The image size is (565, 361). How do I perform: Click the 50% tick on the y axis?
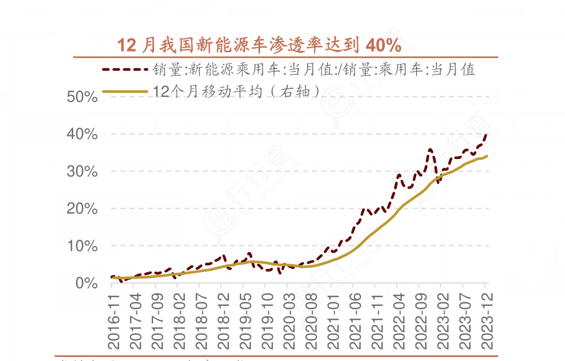(x=82, y=97)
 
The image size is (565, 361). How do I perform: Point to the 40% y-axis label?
(x=82, y=134)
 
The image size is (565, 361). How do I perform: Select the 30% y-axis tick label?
(x=82, y=172)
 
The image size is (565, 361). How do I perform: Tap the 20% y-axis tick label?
(x=82, y=209)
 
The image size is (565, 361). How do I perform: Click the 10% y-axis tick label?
(x=82, y=246)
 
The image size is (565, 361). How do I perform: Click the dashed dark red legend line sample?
(x=125, y=70)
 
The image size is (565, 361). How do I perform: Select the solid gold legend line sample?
(x=125, y=91)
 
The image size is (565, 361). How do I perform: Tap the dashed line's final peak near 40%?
(x=486, y=135)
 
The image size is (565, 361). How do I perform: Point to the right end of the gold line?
(x=487, y=156)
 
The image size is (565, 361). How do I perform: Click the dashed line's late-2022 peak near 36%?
(x=430, y=150)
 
